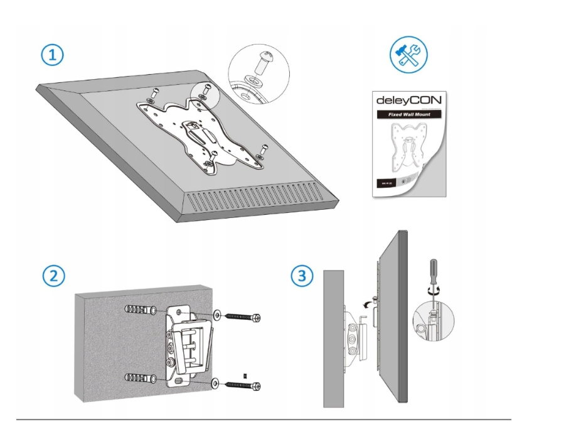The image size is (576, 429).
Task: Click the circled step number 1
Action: (x=53, y=55)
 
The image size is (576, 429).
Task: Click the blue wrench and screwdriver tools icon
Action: (x=408, y=55)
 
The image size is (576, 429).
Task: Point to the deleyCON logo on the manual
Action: (x=408, y=100)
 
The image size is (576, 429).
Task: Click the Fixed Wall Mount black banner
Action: (x=408, y=115)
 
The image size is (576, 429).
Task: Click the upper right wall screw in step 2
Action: (x=242, y=318)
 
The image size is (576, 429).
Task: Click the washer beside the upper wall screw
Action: (x=216, y=314)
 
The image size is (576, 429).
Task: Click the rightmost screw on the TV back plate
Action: (x=263, y=151)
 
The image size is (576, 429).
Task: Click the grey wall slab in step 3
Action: (x=333, y=339)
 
